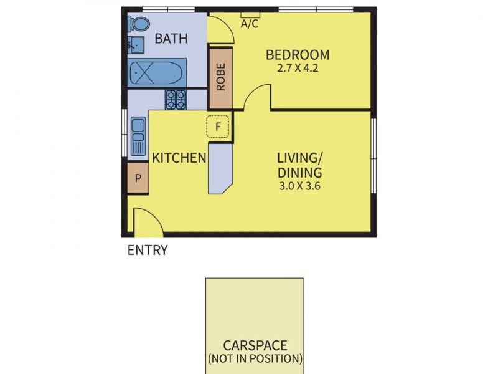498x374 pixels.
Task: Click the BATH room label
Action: (171, 39)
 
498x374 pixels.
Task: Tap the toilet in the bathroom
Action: (139, 24)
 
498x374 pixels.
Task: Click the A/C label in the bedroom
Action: (250, 24)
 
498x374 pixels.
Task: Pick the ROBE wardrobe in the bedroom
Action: (220, 77)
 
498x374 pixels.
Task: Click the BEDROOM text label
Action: (298, 55)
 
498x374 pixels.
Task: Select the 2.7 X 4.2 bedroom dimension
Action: (298, 69)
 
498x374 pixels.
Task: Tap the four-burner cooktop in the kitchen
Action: (176, 100)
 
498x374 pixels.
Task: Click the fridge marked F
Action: (218, 127)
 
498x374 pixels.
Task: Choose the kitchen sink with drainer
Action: (138, 137)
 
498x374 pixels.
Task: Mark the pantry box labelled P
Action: (138, 178)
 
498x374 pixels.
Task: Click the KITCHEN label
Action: (179, 158)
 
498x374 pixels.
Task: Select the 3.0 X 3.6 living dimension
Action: (300, 186)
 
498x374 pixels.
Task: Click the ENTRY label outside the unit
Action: (148, 251)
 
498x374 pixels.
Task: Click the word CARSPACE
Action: (255, 345)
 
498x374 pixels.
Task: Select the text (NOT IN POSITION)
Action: (255, 359)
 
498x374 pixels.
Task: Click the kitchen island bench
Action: (219, 168)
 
